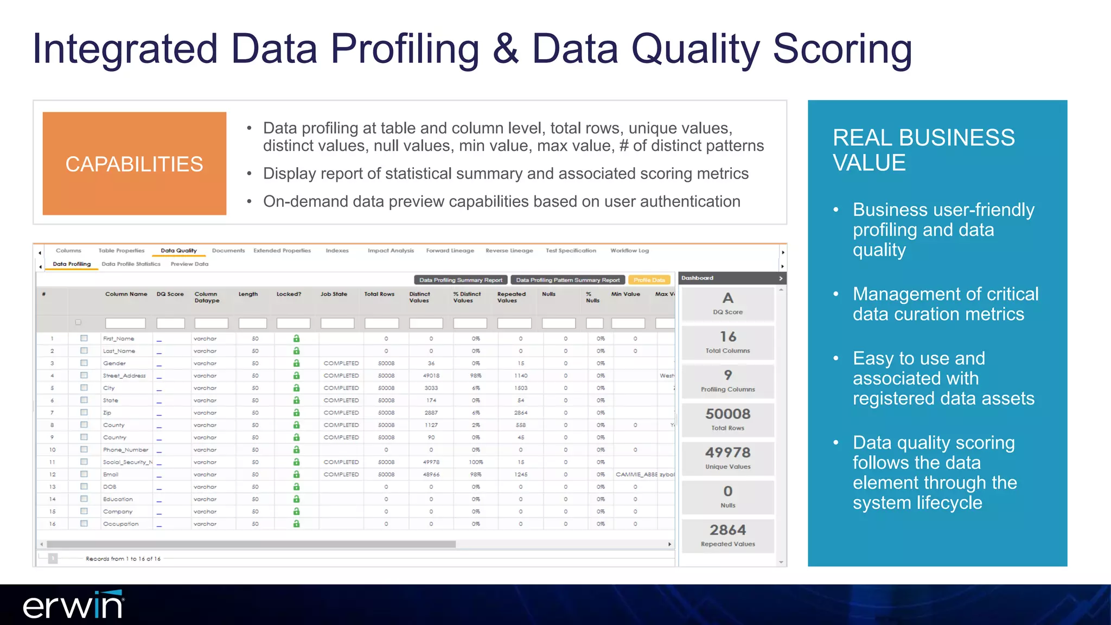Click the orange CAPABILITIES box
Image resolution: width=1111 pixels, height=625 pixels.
134,163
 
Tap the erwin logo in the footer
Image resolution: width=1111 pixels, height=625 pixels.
73,605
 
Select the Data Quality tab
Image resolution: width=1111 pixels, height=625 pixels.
178,251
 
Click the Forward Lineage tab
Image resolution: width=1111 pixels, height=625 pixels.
450,251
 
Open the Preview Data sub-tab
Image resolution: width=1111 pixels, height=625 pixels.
189,264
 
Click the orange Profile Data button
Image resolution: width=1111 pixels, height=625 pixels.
649,280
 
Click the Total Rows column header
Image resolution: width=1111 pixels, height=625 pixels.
379,294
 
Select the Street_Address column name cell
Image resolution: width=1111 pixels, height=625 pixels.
124,375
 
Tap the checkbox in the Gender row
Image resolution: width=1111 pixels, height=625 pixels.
84,363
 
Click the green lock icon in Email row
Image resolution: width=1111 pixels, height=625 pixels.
296,474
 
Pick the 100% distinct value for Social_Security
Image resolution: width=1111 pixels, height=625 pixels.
476,462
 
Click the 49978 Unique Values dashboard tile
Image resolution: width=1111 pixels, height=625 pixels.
727,458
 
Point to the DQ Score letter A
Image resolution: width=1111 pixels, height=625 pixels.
727,298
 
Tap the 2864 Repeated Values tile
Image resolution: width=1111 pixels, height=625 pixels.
727,535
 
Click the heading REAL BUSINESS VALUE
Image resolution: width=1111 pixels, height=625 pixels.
923,150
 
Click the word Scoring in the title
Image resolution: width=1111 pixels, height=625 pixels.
842,49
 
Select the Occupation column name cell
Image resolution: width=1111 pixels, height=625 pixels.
120,524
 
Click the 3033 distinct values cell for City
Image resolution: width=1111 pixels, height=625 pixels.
431,388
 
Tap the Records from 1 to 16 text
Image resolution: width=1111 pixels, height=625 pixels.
123,559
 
